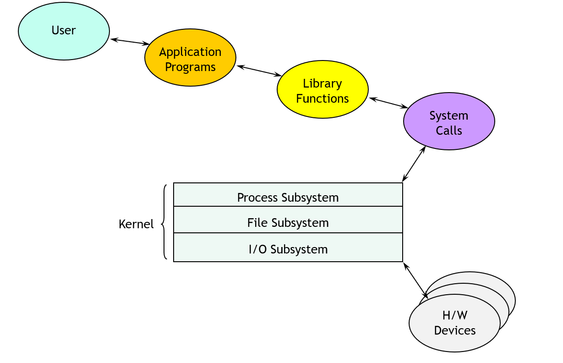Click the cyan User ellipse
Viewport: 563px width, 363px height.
tap(64, 31)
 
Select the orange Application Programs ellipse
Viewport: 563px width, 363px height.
tap(190, 58)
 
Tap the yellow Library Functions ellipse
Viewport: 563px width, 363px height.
tap(322, 90)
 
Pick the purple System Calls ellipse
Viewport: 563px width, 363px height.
tap(449, 121)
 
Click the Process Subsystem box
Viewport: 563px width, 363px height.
tap(288, 196)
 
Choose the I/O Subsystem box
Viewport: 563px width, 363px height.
tap(288, 248)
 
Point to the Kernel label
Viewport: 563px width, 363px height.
tap(136, 224)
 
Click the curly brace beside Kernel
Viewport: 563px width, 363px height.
tap(164, 222)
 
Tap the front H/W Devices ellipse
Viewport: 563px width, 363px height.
tap(454, 323)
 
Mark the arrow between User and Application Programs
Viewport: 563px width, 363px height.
tap(130, 42)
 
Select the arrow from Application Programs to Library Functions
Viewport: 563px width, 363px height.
tap(259, 71)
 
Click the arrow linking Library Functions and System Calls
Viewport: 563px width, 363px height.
tap(388, 103)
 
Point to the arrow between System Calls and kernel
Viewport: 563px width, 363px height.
tap(414, 164)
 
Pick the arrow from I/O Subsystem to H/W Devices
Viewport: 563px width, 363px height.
tap(415, 280)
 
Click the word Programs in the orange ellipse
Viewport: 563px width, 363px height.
tap(190, 67)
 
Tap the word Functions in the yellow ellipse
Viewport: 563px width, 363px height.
tap(322, 99)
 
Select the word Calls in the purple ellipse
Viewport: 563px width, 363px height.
tap(449, 131)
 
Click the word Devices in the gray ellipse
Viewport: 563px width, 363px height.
tap(454, 330)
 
